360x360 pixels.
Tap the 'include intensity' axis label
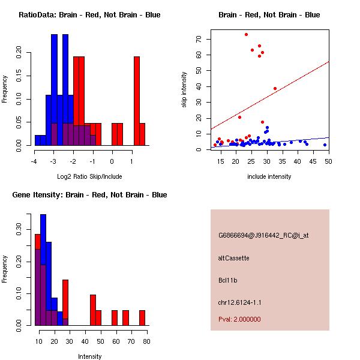[x=269, y=176]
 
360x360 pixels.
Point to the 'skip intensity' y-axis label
[x=185, y=90]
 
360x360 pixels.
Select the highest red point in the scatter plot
[x=246, y=34]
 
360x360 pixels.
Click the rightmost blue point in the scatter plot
[x=325, y=145]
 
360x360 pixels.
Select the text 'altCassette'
[x=234, y=258]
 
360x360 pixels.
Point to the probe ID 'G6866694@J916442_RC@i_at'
[x=263, y=236]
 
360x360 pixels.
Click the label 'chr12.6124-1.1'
[x=240, y=302]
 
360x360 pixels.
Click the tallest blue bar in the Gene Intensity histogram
[x=43, y=270]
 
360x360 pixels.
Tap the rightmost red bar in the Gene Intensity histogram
[x=142, y=318]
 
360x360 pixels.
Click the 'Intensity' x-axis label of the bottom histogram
[x=90, y=356]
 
